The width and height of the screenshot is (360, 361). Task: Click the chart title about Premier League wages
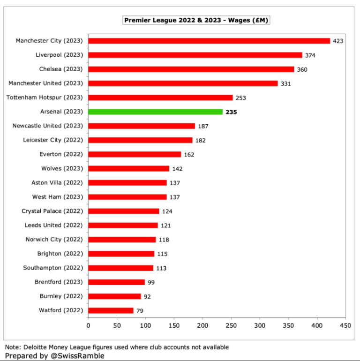coord(196,20)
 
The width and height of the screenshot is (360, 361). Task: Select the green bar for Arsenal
coord(155,112)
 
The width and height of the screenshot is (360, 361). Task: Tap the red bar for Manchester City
coord(209,41)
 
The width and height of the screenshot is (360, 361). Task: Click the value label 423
coord(338,41)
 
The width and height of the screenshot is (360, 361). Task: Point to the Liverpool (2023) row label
coord(59,55)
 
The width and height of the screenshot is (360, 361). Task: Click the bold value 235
coord(231,112)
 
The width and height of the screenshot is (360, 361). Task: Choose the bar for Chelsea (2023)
coord(191,69)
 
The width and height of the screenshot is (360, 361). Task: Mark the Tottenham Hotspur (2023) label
coord(45,98)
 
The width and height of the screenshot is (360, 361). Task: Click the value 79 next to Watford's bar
coord(140,311)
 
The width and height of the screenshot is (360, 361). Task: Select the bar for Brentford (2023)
coord(116,282)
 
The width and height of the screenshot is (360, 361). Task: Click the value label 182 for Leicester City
coord(200,140)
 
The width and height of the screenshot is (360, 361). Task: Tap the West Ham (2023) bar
coord(127,197)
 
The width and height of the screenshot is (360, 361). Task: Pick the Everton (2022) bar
coord(134,154)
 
